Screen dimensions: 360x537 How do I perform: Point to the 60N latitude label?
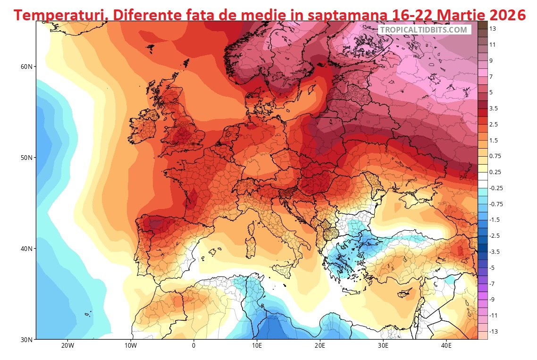(x=26, y=67)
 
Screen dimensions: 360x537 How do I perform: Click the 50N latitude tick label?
(x=26, y=158)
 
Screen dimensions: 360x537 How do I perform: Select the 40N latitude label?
(x=26, y=249)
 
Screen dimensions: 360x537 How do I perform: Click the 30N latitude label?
(x=26, y=340)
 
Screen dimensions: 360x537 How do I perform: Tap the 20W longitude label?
(x=67, y=346)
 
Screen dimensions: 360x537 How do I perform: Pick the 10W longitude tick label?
(x=131, y=346)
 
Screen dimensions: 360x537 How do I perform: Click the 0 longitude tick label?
(x=193, y=346)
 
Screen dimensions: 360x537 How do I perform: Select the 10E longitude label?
(x=257, y=346)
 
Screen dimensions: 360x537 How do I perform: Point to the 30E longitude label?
(x=383, y=346)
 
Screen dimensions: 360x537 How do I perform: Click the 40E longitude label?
(x=446, y=346)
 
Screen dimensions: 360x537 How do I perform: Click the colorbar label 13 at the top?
(x=492, y=29)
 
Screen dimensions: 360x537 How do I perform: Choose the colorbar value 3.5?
(x=493, y=109)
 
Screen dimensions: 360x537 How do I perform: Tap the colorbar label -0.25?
(x=495, y=188)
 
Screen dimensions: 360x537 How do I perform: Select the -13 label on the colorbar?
(x=493, y=332)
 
